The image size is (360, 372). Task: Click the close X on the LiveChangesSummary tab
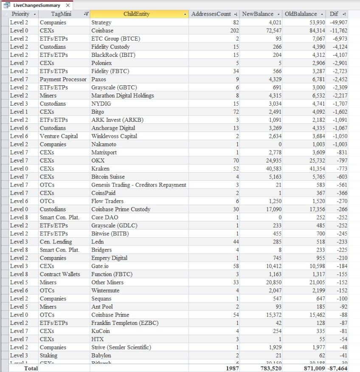68,6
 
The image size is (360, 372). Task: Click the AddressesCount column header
211,14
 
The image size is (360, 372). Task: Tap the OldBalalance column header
301,14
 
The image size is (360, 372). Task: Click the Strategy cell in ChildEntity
101,22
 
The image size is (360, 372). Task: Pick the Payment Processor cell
63,79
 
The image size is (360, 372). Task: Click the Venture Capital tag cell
59,136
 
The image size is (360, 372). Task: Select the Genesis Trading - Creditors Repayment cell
138,185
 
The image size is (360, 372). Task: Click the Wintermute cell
105,291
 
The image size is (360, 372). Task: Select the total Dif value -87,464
337,368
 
